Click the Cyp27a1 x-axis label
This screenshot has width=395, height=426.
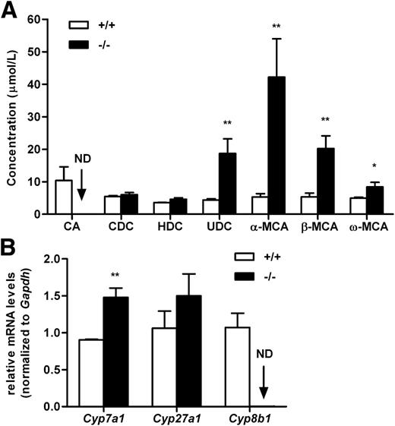(185, 418)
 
